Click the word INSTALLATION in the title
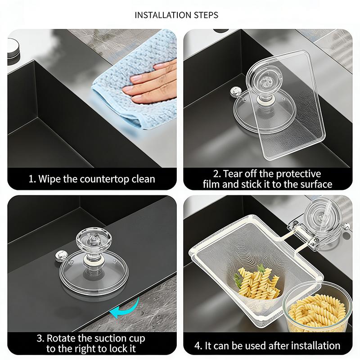point(163,15)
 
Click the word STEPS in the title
point(206,15)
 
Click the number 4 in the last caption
point(197,346)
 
